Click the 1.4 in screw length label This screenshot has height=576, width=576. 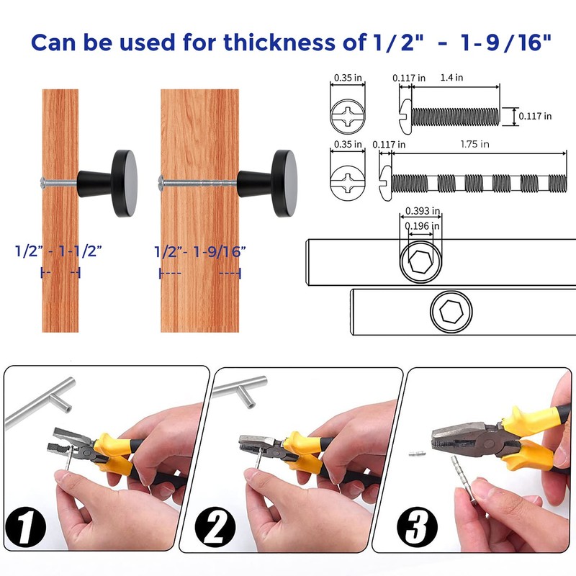452,77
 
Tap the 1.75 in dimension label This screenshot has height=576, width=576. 475,144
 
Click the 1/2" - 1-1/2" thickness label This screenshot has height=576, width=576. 59,251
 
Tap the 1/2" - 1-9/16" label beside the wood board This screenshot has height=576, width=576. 200,251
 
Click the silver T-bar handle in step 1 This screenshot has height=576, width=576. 47,399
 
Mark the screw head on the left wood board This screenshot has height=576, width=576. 45,181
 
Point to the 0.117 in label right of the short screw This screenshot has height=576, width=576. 536,116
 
